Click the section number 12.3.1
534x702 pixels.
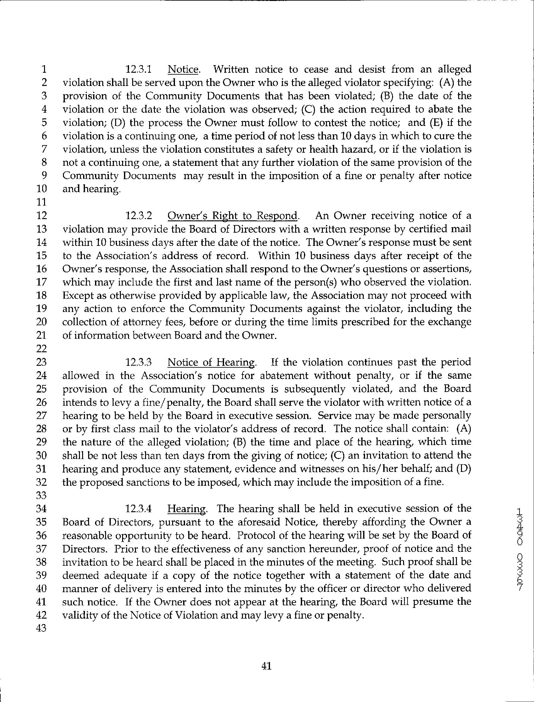pyautogui.click(x=139, y=69)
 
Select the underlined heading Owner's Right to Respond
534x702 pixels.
pyautogui.click(x=233, y=216)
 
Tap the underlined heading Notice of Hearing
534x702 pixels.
pyautogui.click(x=211, y=362)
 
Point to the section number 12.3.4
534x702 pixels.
pyautogui.click(x=139, y=509)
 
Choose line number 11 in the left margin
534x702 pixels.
pyautogui.click(x=42, y=202)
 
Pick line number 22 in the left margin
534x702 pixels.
pyautogui.click(x=42, y=349)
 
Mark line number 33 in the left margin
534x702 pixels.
pyautogui.click(x=42, y=495)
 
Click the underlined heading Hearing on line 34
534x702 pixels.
pyautogui.click(x=187, y=509)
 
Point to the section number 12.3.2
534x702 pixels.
pyautogui.click(x=139, y=216)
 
